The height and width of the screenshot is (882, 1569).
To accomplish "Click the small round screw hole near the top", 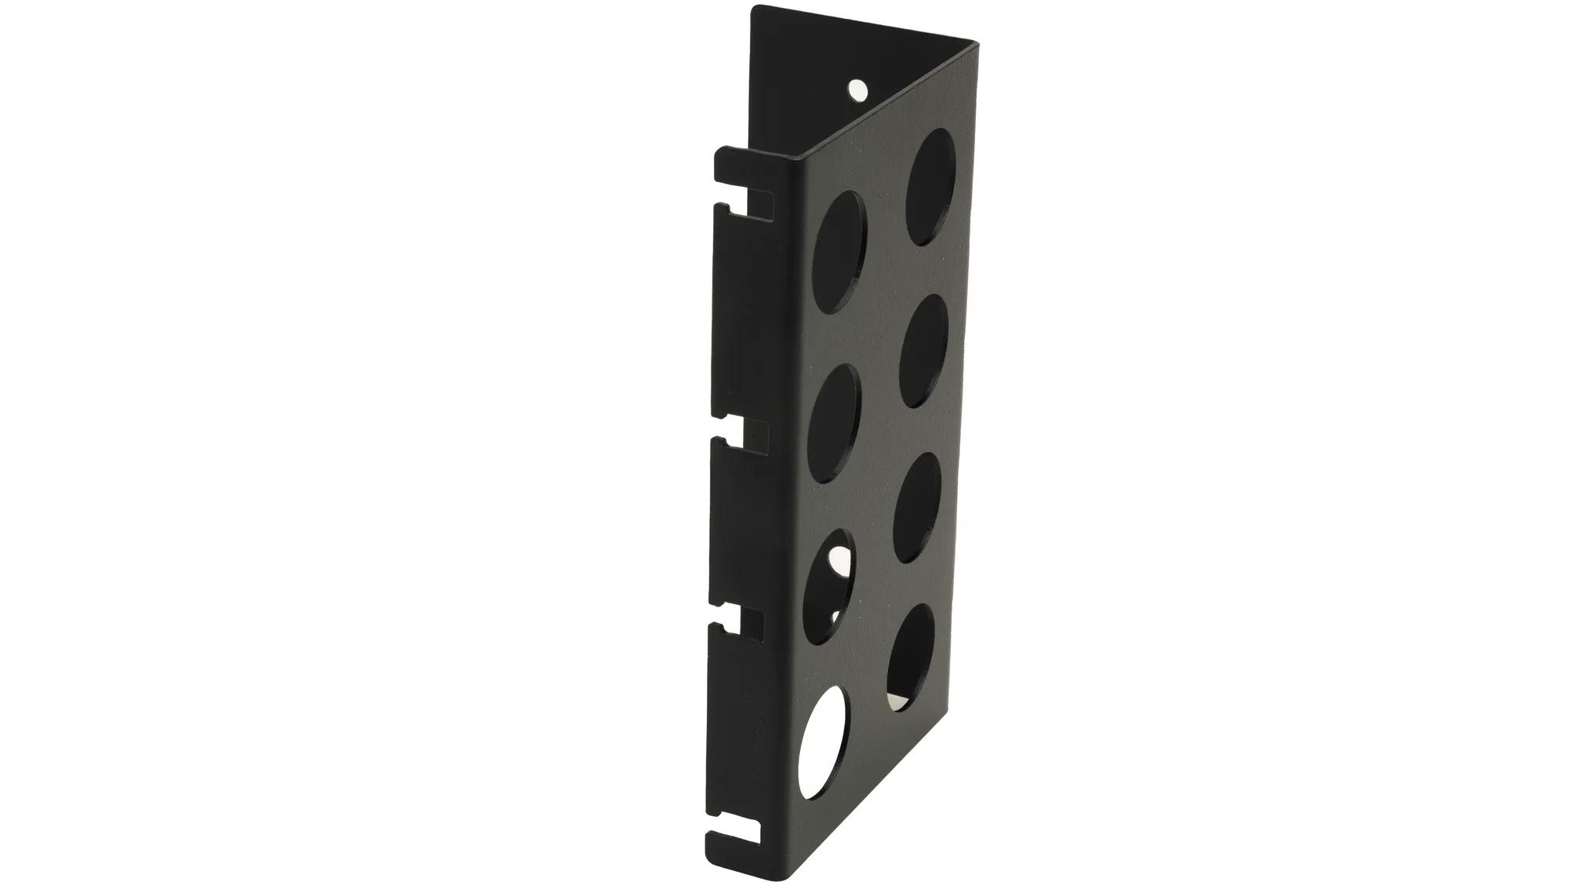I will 856,89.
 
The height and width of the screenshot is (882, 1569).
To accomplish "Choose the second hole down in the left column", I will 832,422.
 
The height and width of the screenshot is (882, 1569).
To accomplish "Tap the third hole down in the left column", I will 826,584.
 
